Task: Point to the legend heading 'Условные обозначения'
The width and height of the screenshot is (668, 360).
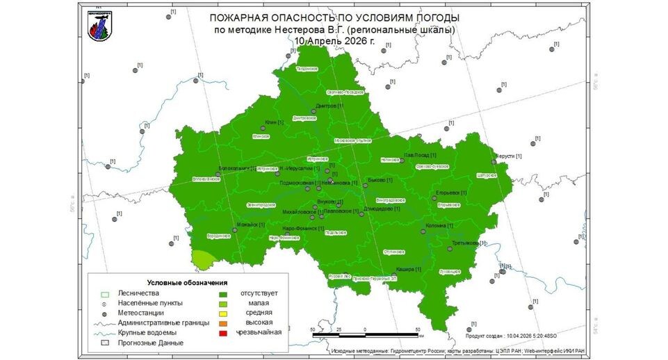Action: [188, 283]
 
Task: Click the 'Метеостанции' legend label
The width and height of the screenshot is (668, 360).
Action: [141, 313]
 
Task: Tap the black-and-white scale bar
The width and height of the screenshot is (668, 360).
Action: [365, 336]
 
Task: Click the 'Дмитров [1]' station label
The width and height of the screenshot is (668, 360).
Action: [329, 106]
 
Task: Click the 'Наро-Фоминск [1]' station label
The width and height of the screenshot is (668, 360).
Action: [304, 228]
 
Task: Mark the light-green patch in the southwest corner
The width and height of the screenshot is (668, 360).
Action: [202, 259]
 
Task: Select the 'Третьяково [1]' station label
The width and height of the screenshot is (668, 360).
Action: [468, 243]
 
